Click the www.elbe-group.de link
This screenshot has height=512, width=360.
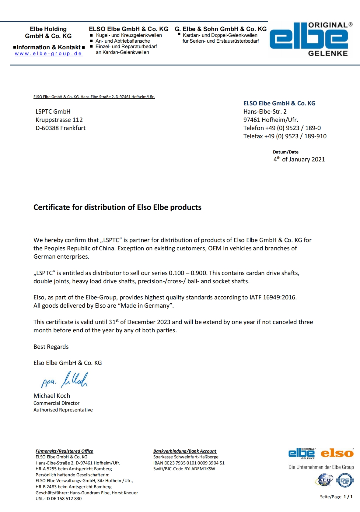tap(49, 54)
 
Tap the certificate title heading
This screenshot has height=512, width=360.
tap(117, 207)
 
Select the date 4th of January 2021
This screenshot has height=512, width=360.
tap(299, 159)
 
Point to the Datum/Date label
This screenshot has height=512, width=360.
tap(285, 152)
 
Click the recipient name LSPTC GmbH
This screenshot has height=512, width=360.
tap(53, 112)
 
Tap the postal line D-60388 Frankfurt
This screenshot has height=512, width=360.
tap(61, 128)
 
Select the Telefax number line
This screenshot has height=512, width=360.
tap(285, 136)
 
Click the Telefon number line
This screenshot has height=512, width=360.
tap(282, 128)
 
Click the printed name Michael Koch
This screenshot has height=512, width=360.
tap(52, 396)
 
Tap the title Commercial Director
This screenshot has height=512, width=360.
tap(56, 403)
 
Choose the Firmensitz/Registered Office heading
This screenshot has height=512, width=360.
tap(64, 451)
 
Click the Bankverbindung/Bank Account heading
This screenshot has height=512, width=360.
tap(185, 451)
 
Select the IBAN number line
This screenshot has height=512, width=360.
tap(189, 463)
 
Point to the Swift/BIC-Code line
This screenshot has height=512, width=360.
tap(184, 469)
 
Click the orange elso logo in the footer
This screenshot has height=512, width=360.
tap(337, 453)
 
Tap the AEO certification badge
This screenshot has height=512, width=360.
tap(324, 480)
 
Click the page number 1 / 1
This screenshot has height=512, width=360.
tap(348, 497)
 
